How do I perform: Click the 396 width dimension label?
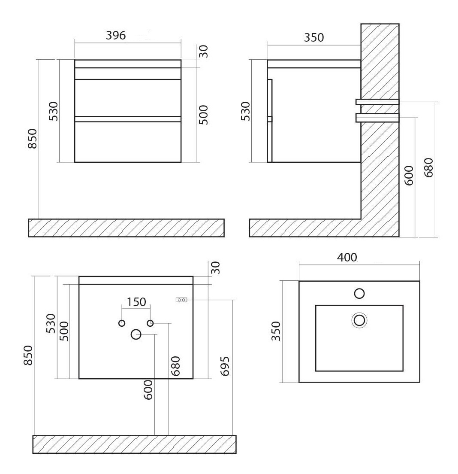116,35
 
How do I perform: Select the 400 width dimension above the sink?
347,257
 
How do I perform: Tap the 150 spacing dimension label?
136,302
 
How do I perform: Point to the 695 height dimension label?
225,366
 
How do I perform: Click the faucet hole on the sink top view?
359,294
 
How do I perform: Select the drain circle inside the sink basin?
359,320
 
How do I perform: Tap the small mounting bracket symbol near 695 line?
181,300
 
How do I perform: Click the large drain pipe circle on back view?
136,334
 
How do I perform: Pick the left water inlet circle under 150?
122,323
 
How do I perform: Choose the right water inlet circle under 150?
150,323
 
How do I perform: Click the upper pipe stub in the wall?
377,102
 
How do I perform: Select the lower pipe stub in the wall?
377,117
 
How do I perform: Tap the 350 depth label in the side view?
313,37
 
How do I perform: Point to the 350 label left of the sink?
276,331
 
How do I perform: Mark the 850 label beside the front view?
32,139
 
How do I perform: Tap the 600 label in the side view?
409,175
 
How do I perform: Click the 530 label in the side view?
246,111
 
